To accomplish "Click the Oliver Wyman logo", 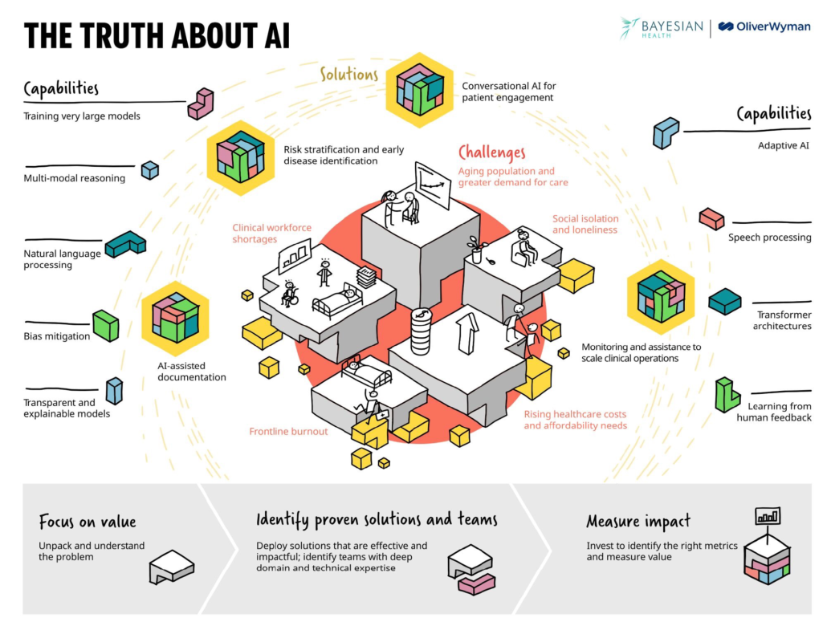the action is coord(764,27).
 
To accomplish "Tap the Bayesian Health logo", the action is coord(662,28).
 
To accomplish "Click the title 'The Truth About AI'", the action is coord(157,36).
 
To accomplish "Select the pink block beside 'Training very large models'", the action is coord(201,104).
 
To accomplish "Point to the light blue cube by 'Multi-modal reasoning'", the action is coord(150,170).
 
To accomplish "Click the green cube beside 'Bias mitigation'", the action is coord(106,325).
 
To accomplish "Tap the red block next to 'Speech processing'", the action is coord(712,219).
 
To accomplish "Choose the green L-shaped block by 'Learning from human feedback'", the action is coord(727,395).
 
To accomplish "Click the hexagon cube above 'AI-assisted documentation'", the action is coord(175,318).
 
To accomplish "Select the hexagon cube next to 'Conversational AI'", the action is coord(419,90).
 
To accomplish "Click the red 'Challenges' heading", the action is coord(491,153).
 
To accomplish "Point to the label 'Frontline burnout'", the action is coord(288,432).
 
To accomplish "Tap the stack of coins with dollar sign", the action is coord(421,331).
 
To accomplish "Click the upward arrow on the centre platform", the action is coord(467,333).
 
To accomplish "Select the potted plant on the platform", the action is coord(476,250).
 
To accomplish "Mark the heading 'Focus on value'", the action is coord(87,522).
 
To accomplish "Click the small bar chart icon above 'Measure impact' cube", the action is coord(768,516).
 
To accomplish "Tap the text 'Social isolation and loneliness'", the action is coord(585,224).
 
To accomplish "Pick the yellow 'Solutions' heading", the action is coord(349,75).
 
